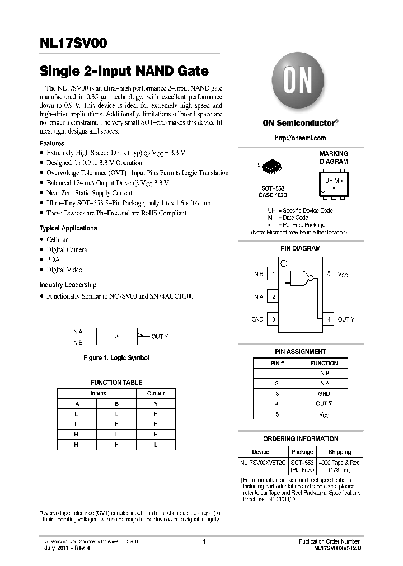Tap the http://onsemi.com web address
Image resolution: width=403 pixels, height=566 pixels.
[301, 138]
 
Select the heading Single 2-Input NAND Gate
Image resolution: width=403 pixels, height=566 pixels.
[124, 71]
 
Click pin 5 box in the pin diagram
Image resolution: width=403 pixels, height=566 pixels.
[329, 274]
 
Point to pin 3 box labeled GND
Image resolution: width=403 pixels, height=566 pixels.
[273, 319]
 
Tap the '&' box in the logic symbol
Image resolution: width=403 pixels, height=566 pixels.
[116, 336]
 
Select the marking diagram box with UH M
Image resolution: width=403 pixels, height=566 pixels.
[333, 182]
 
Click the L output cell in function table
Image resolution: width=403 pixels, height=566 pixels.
[156, 445]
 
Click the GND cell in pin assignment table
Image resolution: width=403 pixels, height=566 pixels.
[324, 394]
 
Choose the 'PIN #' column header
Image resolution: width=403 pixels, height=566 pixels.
[277, 363]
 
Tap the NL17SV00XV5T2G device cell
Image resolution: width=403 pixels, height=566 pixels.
[263, 463]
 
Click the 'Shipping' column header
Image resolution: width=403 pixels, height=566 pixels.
[340, 452]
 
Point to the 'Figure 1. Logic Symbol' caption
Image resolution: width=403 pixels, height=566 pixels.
[116, 358]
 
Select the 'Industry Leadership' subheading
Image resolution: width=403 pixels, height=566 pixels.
[68, 285]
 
